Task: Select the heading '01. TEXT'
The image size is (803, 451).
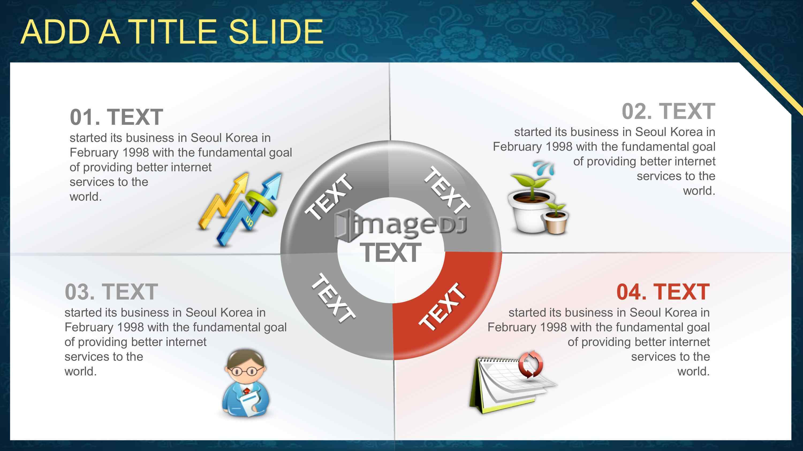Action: tap(116, 117)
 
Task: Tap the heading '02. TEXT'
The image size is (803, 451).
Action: tap(668, 111)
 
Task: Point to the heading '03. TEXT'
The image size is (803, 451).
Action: tap(111, 292)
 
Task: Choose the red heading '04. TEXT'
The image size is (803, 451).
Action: tap(663, 292)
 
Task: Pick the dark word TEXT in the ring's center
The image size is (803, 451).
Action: tap(391, 252)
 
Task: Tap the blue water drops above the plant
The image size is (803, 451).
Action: tap(544, 168)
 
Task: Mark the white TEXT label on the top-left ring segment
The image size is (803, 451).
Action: tap(329, 197)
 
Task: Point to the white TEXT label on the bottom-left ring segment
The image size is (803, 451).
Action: tap(333, 298)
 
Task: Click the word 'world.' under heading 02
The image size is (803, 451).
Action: tap(699, 190)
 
